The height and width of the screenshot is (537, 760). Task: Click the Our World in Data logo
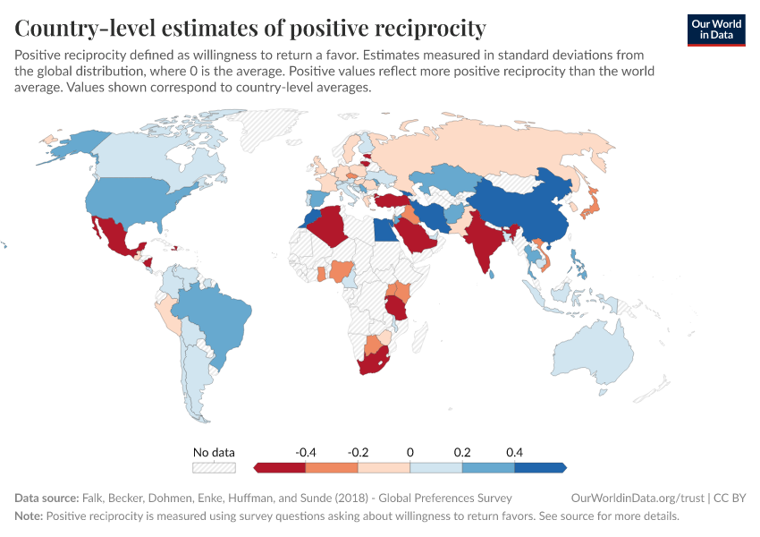(x=715, y=30)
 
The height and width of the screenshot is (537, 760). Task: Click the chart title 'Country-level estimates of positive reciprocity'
(x=250, y=28)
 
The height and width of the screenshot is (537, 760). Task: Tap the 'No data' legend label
(x=214, y=452)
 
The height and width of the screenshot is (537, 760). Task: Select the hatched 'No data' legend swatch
(x=214, y=467)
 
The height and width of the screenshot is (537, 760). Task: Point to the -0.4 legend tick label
(x=306, y=452)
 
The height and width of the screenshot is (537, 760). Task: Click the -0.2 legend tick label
(x=358, y=452)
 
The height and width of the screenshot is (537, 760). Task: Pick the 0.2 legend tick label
(x=462, y=452)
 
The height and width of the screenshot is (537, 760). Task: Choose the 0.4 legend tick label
(x=514, y=452)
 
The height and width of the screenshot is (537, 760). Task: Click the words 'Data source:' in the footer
(x=46, y=498)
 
